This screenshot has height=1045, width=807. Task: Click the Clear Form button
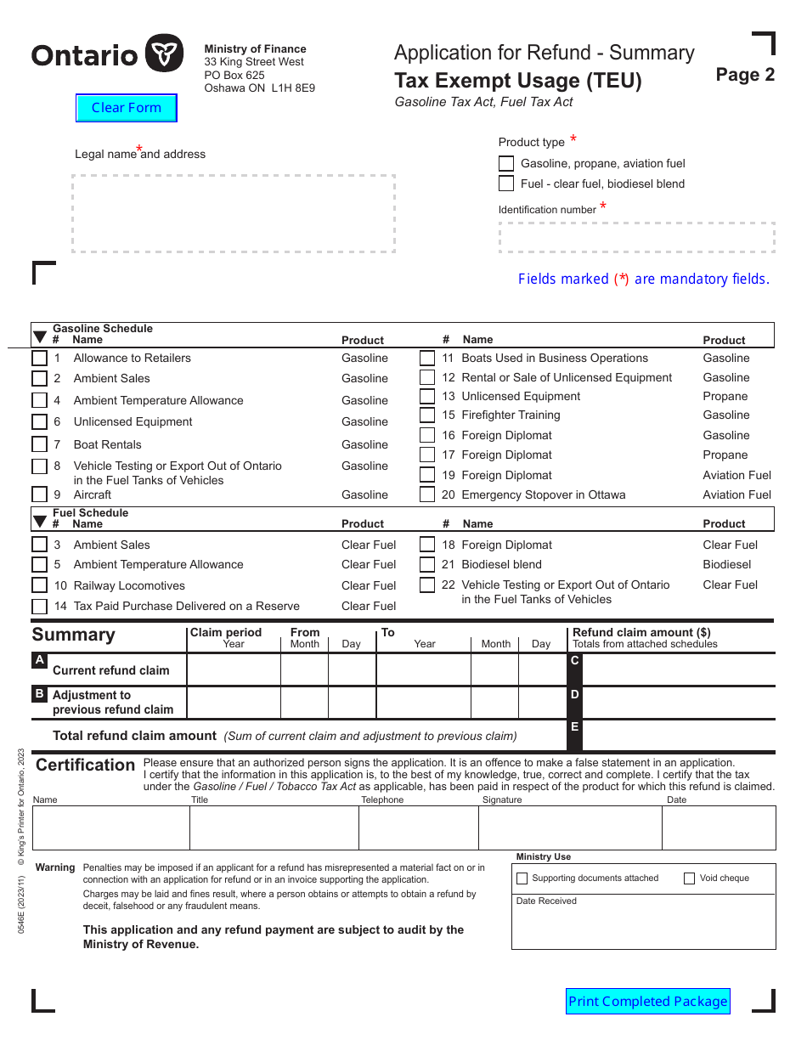126,108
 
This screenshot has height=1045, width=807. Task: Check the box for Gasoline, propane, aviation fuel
506,163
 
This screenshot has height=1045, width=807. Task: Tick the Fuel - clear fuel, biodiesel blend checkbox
506,184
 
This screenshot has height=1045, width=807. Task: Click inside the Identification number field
636,238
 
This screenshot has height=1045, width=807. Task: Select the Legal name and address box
234,214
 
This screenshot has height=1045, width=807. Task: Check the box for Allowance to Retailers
40,359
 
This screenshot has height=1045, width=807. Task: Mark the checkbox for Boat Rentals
40,444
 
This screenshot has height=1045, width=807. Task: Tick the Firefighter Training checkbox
427,415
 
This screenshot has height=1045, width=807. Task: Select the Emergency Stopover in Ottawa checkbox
427,494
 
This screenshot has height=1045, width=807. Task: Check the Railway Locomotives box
40,585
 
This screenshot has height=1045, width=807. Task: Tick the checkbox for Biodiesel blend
427,564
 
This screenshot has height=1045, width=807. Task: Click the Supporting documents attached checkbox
522,878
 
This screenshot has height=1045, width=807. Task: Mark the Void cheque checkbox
690,878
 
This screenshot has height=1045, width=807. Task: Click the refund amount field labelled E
678,735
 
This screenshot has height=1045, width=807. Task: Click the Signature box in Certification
570,828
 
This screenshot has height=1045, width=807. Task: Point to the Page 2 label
745,75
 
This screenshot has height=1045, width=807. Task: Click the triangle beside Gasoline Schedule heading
40,337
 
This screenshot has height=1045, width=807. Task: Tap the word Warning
55,867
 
